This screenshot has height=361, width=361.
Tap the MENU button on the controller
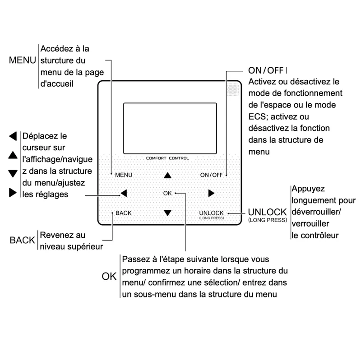124,175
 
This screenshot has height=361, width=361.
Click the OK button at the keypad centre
167,193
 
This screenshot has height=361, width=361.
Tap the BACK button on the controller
123,213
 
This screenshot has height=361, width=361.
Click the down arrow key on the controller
167,213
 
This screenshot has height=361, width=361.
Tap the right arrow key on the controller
211,193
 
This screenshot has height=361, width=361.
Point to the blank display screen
170,129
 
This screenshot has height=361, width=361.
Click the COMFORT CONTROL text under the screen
167,158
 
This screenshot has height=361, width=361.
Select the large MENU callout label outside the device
22,60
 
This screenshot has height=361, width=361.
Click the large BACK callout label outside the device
22,240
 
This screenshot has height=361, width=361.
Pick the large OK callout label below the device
109,276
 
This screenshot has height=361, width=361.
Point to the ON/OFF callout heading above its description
266,70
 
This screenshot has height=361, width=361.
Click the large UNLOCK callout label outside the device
267,212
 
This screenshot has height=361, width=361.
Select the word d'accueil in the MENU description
57,84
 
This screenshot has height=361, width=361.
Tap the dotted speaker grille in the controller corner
233,89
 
